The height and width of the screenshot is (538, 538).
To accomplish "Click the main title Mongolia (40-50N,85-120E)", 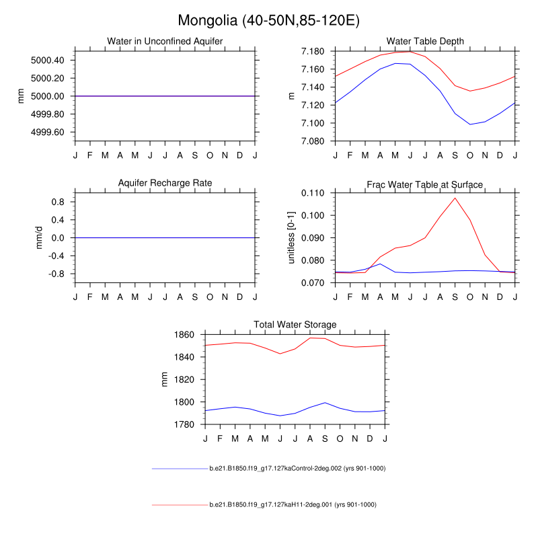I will click(x=269, y=20).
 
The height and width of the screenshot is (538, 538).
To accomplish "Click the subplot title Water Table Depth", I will click(x=425, y=42).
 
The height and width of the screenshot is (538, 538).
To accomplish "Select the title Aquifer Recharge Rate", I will click(x=165, y=183).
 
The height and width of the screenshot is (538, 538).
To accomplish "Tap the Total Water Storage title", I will click(x=295, y=325).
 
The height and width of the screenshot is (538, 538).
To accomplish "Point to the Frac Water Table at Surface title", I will click(x=425, y=184).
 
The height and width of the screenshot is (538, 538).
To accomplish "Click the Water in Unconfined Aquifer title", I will click(x=165, y=42).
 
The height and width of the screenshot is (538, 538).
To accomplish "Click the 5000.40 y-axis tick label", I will click(x=48, y=61).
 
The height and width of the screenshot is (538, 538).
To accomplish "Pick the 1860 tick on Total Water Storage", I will click(x=182, y=335).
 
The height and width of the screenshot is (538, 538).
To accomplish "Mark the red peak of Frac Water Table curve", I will click(x=455, y=198).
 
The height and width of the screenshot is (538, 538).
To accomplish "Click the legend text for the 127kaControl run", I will click(x=297, y=468).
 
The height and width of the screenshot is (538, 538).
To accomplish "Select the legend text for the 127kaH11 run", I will click(x=293, y=504).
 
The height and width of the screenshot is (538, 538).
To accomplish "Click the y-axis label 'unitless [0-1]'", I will click(x=292, y=237).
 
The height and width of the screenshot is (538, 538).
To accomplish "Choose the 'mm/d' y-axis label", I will click(x=39, y=237).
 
